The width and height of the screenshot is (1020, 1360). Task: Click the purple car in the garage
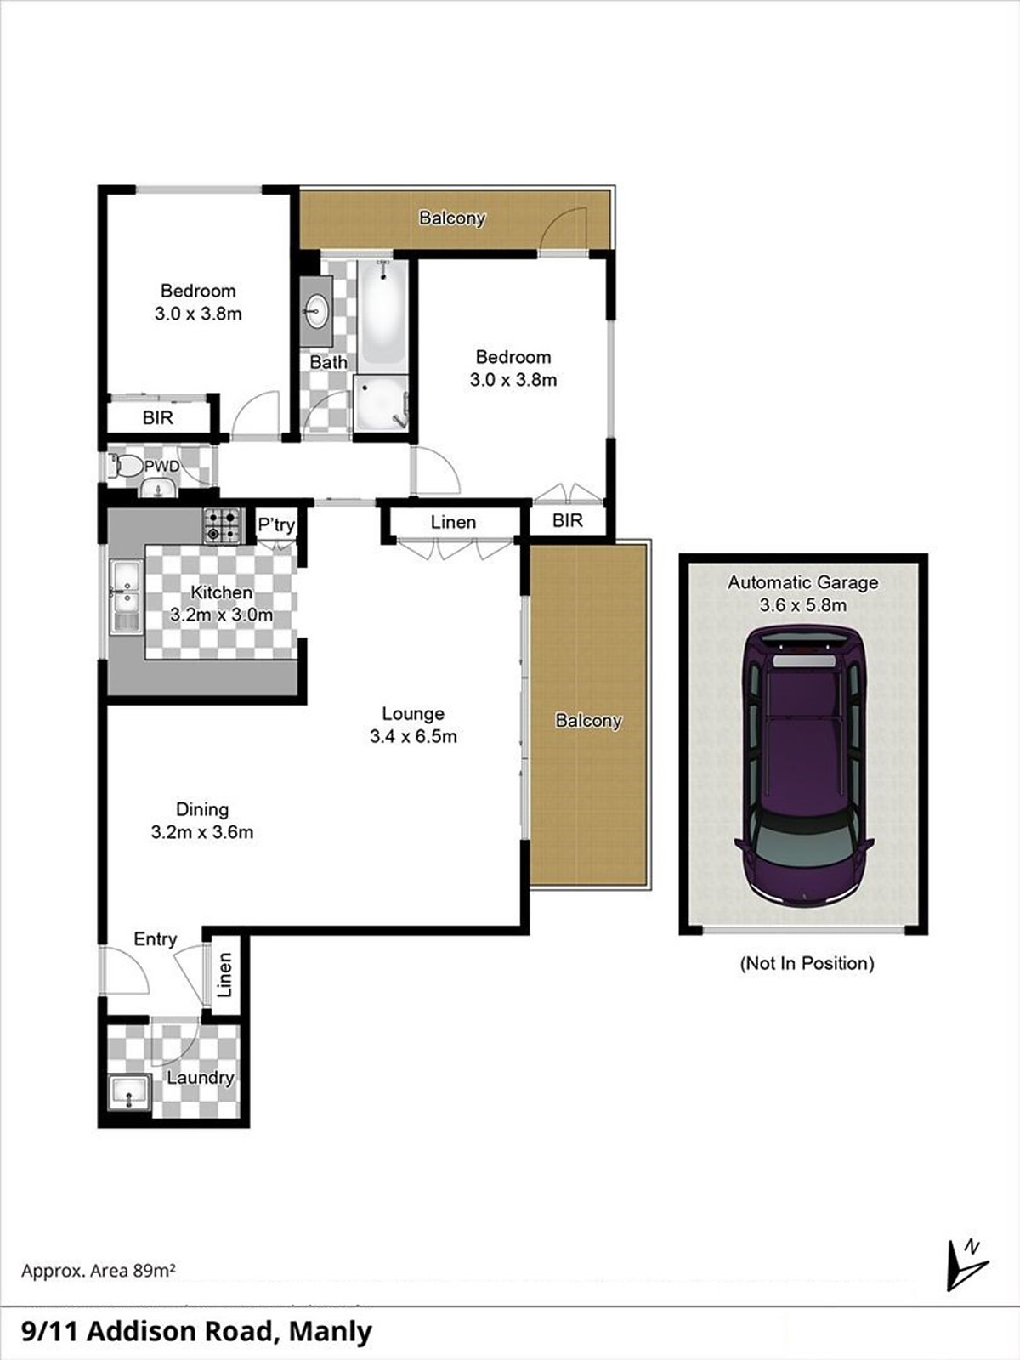(803, 765)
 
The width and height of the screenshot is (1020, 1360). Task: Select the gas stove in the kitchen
(222, 524)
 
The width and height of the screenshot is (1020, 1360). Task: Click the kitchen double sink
(126, 597)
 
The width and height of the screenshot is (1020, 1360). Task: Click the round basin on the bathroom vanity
(317, 310)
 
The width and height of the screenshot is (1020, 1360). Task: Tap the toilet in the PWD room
(127, 466)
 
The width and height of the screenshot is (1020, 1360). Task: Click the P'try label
(276, 524)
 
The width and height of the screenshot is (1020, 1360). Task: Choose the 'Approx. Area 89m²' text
(99, 1271)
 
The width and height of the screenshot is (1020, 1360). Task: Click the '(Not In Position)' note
(807, 963)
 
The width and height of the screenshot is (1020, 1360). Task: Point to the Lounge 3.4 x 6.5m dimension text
(413, 737)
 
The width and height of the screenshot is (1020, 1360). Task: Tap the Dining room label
(202, 809)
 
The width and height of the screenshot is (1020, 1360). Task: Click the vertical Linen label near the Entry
(224, 974)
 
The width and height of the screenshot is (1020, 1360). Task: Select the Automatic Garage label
(802, 583)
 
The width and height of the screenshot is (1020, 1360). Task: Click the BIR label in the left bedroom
(158, 417)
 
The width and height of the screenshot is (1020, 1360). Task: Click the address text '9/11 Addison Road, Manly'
(196, 1331)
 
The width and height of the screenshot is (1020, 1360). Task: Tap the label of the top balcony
(452, 218)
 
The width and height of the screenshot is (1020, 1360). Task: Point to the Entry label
(156, 939)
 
